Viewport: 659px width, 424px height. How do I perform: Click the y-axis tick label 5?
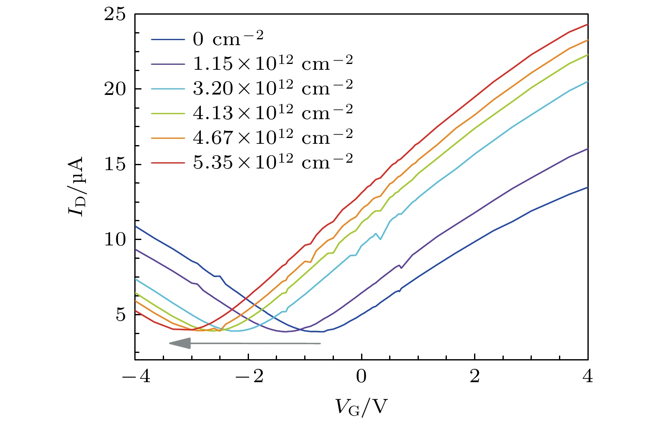point(121,314)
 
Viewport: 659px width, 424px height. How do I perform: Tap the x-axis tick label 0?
point(361,377)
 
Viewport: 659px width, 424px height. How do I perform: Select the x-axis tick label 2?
point(474,377)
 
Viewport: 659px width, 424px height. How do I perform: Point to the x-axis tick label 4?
point(588,377)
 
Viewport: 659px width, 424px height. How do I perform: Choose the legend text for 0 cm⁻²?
point(228,39)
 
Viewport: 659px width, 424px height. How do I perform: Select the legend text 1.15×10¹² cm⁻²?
point(273,63)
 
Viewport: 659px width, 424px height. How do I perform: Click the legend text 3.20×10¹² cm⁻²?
point(273,87)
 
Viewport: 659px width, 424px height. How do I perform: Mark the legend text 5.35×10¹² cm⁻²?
point(273,161)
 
